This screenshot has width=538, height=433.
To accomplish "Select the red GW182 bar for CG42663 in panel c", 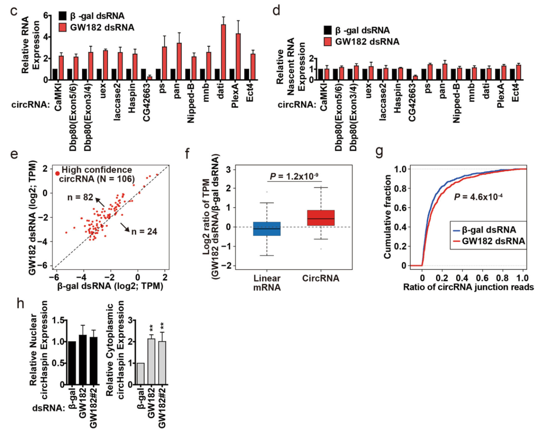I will (x=149, y=78).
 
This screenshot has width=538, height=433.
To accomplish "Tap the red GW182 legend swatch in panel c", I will (x=63, y=28).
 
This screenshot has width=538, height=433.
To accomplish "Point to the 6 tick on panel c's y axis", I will (x=46, y=16).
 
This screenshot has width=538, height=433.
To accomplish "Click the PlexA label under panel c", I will (x=235, y=96).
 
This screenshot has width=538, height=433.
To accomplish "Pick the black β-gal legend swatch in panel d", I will (x=327, y=30).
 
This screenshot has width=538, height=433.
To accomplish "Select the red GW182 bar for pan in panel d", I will (x=445, y=72).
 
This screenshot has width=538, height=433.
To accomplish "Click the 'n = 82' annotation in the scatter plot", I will (x=80, y=197).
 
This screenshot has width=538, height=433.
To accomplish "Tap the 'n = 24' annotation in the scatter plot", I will (x=144, y=232).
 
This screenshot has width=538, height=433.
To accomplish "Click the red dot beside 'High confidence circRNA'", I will (x=57, y=173).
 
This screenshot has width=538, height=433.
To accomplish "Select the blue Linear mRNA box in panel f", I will (x=267, y=229).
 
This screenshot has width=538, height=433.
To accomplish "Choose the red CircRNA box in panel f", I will (x=321, y=218).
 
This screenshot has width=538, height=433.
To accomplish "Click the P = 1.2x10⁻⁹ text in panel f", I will (x=294, y=176).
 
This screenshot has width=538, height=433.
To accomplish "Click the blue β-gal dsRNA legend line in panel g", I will (x=456, y=230).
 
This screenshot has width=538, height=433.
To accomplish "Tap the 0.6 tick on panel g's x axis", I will (x=482, y=278).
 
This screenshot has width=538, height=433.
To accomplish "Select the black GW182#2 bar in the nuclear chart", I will (x=93, y=361).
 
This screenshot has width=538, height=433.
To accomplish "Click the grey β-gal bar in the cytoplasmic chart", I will (x=140, y=374).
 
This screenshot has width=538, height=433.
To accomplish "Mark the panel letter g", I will (x=379, y=152).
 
